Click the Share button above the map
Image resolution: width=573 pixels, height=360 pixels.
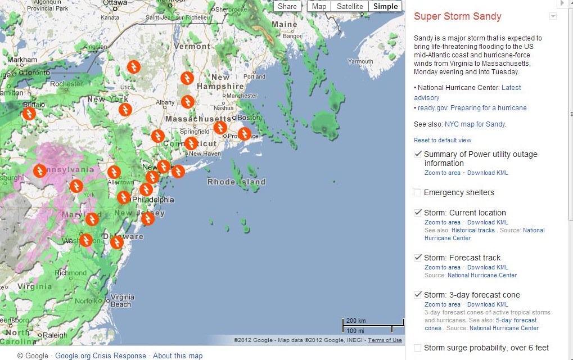tap(287, 7)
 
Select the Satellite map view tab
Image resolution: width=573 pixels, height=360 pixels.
tap(350, 7)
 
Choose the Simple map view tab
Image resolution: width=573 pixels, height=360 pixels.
tap(386, 7)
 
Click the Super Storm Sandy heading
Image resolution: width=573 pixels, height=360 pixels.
tap(457, 16)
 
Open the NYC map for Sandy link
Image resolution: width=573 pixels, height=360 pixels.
tap(475, 124)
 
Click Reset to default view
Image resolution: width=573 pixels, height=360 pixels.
tap(443, 140)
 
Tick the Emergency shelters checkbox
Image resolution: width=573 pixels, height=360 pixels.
tap(417, 192)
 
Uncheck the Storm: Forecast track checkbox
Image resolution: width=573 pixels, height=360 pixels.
tap(417, 258)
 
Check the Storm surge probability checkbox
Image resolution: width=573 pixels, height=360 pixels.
tap(417, 348)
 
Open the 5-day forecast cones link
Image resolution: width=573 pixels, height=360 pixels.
tap(481, 324)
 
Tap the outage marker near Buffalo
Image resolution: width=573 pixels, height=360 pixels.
tap(29, 114)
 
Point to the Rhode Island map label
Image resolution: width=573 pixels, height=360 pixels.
tap(236, 182)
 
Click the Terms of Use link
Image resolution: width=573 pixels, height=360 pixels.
tap(385, 340)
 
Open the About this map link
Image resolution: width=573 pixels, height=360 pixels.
tap(178, 355)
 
